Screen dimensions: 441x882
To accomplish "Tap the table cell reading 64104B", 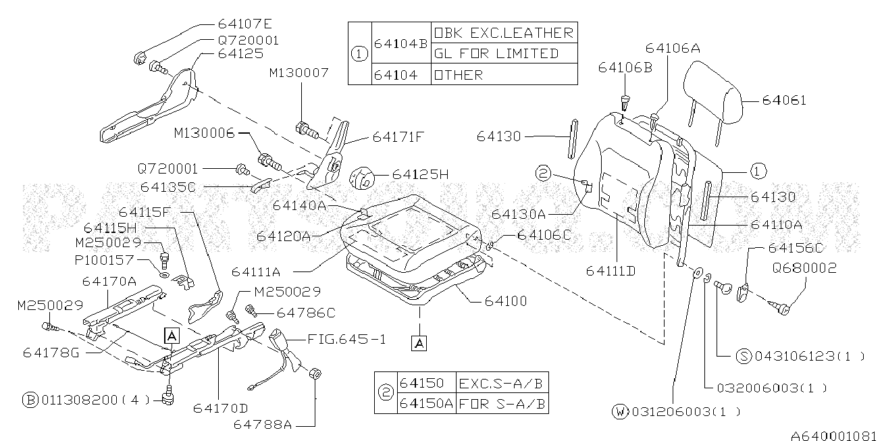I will coord(400,43).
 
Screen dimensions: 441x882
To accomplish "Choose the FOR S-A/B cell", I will coord(503,404).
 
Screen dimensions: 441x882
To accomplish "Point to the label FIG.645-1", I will coord(347,339).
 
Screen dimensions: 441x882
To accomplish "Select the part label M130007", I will coord(299,73).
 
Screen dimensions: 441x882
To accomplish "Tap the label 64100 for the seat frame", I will coord(506,301).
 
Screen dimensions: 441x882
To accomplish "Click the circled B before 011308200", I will coord(30,400).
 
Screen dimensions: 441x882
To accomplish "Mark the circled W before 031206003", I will coord(619,411).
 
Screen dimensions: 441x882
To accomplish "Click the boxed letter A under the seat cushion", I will coord(419,344).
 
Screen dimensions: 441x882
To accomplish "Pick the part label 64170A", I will coord(109,280).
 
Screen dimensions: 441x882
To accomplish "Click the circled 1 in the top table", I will coord(360,54).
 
